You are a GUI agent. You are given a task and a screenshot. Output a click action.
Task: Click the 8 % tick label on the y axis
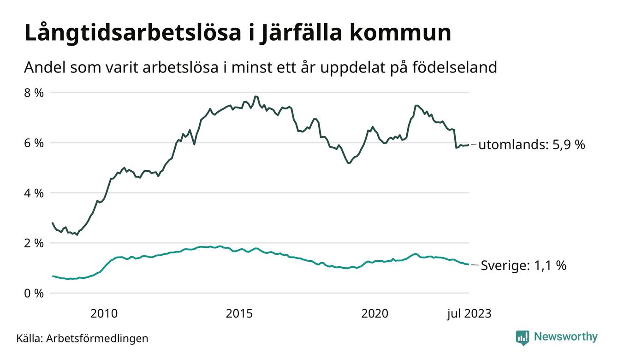click(x=33, y=93)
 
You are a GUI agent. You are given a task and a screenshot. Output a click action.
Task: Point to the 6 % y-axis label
click(x=33, y=143)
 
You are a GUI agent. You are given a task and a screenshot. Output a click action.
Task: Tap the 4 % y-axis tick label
click(x=33, y=193)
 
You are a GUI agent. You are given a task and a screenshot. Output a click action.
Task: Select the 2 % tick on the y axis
click(x=33, y=243)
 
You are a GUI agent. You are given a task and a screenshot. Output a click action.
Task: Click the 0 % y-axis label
click(x=33, y=293)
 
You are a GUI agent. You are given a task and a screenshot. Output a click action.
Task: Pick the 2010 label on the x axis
click(x=104, y=314)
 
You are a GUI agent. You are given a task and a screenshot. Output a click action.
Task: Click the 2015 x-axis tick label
click(x=239, y=314)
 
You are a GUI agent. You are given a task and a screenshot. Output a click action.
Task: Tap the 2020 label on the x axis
click(x=375, y=314)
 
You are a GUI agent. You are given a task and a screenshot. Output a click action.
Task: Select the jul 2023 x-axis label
click(x=469, y=314)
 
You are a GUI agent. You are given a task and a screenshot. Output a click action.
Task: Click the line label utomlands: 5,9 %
click(x=531, y=145)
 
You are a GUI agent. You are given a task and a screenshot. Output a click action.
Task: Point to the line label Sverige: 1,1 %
click(x=523, y=266)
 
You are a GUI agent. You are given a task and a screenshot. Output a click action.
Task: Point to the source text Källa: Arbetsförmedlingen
click(x=82, y=338)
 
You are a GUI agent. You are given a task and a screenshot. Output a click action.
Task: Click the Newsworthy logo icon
click(x=522, y=337)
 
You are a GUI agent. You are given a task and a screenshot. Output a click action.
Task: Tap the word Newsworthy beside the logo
click(x=565, y=337)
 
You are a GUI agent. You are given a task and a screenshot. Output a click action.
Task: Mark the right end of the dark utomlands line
click(x=469, y=145)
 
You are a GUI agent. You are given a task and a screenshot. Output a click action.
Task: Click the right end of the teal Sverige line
click(x=469, y=264)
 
